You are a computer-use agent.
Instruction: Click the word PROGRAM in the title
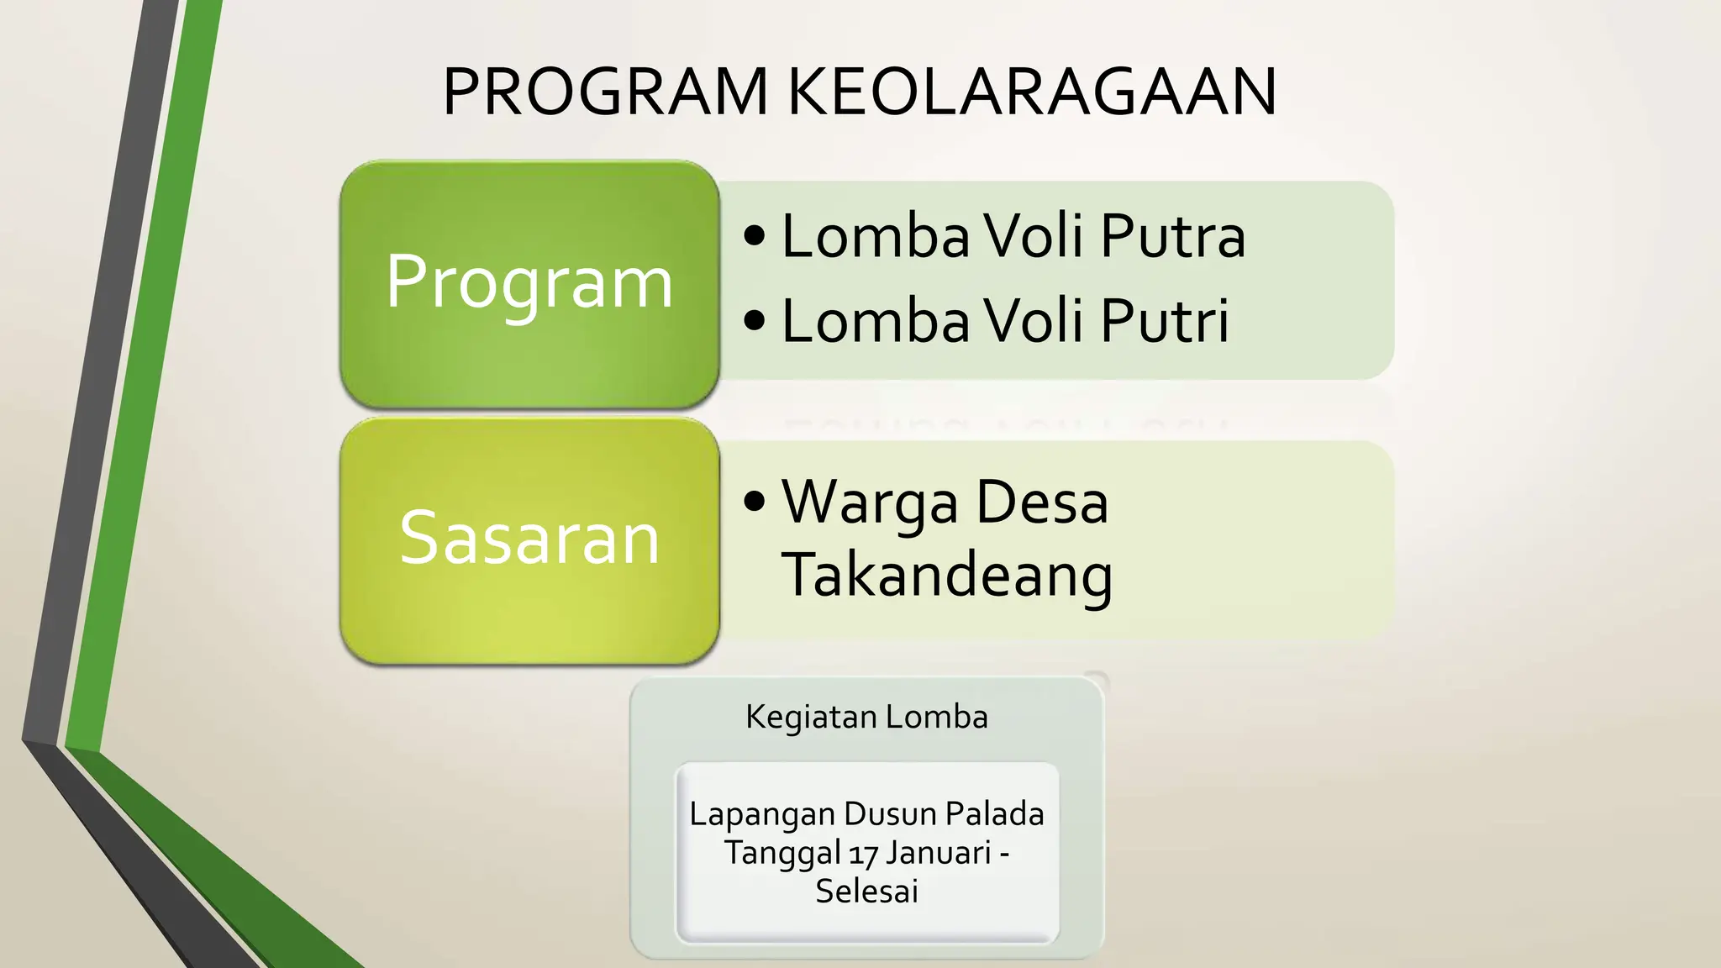(x=605, y=92)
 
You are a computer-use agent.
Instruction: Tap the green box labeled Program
(x=529, y=283)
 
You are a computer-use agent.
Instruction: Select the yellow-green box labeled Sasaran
(x=529, y=539)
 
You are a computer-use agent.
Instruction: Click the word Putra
(x=1173, y=236)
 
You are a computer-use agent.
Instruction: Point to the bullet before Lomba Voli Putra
(x=755, y=236)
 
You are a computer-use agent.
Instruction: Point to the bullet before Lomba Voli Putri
(x=755, y=321)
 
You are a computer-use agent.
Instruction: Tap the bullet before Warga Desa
(x=755, y=502)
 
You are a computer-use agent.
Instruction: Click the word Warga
(x=870, y=503)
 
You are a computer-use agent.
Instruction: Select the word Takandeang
(x=947, y=576)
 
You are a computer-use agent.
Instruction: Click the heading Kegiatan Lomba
(x=866, y=717)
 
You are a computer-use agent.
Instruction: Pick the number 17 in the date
(x=863, y=854)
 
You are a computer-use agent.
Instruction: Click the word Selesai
(x=866, y=891)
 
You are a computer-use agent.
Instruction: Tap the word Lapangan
(x=762, y=815)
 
